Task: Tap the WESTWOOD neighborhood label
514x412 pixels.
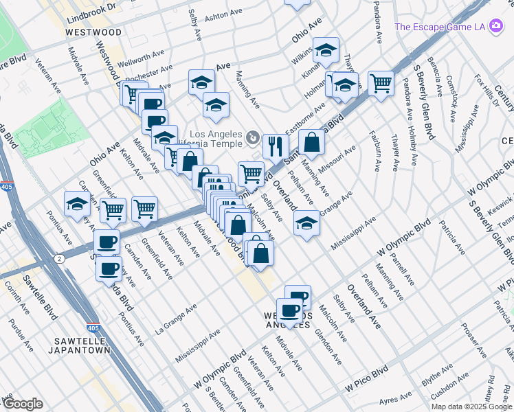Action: tap(93, 32)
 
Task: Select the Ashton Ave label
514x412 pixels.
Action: tap(225, 13)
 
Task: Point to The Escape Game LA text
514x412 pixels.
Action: tap(440, 27)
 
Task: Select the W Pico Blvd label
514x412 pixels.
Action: tap(367, 378)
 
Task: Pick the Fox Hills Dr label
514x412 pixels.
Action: tap(489, 89)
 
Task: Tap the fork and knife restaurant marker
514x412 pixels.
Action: tap(274, 144)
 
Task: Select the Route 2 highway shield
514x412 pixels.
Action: tap(60, 258)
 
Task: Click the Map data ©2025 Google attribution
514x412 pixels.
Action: tap(470, 407)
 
